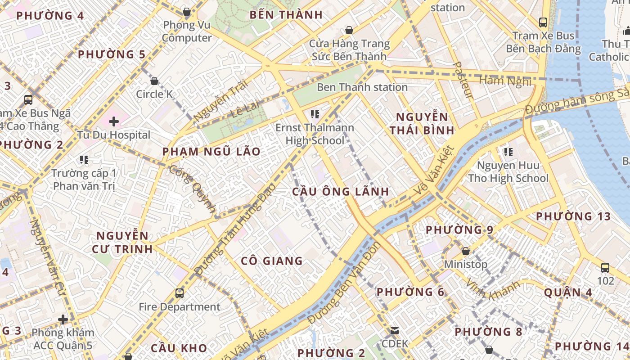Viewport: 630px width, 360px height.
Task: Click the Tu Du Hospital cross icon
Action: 114,121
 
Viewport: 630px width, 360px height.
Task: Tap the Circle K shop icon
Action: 154,81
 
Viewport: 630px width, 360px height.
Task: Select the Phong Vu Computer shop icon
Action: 187,12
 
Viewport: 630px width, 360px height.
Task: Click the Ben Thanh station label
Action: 362,87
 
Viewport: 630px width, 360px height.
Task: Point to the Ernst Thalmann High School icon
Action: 315,114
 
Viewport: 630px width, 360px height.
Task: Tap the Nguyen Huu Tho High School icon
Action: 508,152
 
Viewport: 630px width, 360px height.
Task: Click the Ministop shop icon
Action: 466,251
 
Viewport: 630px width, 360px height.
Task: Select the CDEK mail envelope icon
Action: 395,331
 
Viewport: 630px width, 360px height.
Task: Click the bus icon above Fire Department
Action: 180,293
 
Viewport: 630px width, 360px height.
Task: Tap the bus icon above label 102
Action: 605,268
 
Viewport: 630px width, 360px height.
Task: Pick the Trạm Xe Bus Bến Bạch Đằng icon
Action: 543,22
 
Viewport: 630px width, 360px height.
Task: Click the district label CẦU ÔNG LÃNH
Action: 341,192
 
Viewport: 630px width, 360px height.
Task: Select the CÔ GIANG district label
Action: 272,261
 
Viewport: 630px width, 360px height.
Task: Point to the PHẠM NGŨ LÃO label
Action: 211,152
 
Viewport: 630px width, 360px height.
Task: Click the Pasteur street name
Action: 463,80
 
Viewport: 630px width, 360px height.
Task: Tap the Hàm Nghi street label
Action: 506,81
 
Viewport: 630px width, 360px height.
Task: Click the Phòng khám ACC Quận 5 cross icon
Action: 63,319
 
